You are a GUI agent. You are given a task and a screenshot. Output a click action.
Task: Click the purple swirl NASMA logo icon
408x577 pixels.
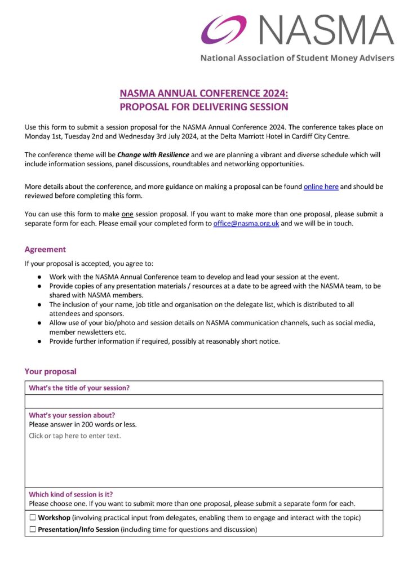click(x=224, y=29)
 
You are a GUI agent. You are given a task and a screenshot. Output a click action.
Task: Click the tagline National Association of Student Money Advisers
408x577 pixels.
click(x=297, y=58)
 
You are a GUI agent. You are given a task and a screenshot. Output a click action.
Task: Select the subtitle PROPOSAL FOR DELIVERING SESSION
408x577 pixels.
click(x=204, y=106)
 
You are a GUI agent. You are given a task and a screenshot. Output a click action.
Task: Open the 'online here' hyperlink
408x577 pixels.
click(x=321, y=187)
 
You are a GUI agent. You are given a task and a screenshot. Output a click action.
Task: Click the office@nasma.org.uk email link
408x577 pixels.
click(x=246, y=223)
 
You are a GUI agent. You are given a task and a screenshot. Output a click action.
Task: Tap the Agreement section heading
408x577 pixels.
click(x=45, y=249)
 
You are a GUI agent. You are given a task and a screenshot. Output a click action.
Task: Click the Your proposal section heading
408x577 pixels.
click(x=50, y=371)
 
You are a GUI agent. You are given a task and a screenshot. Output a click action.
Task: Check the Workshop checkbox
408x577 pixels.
click(x=33, y=517)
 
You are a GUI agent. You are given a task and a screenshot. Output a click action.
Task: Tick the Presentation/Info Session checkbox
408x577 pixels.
click(x=33, y=530)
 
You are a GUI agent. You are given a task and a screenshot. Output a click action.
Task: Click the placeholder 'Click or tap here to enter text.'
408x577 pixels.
click(x=75, y=436)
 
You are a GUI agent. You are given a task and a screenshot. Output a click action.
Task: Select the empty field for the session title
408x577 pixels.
click(x=203, y=401)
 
